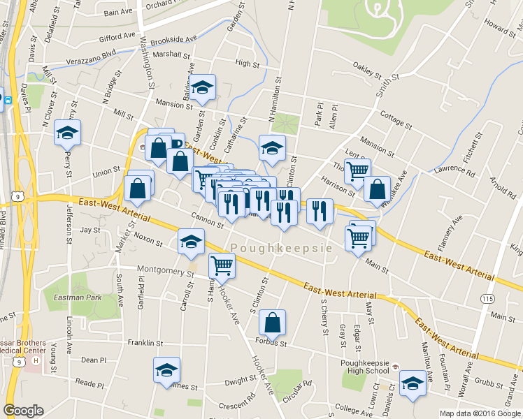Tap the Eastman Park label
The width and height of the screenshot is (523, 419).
click(x=73, y=297)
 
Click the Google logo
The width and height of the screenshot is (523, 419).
click(x=23, y=411)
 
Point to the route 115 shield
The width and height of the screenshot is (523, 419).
click(x=488, y=298)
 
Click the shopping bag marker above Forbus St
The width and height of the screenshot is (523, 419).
click(x=273, y=323)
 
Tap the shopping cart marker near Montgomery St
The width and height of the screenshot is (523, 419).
click(x=222, y=265)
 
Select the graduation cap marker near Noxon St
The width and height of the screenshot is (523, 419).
click(x=191, y=242)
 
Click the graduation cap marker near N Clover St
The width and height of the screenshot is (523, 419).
click(x=67, y=132)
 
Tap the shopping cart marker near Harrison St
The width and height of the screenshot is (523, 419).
click(x=357, y=170)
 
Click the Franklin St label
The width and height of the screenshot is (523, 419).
click(x=145, y=344)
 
